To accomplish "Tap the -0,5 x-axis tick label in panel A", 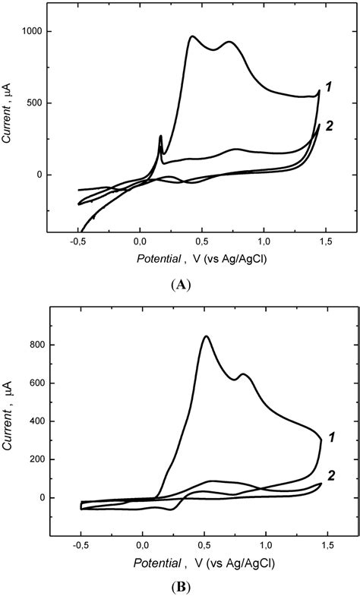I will (77, 242).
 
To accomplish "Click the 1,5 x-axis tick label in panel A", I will (326, 242).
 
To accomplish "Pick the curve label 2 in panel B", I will (332, 474).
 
